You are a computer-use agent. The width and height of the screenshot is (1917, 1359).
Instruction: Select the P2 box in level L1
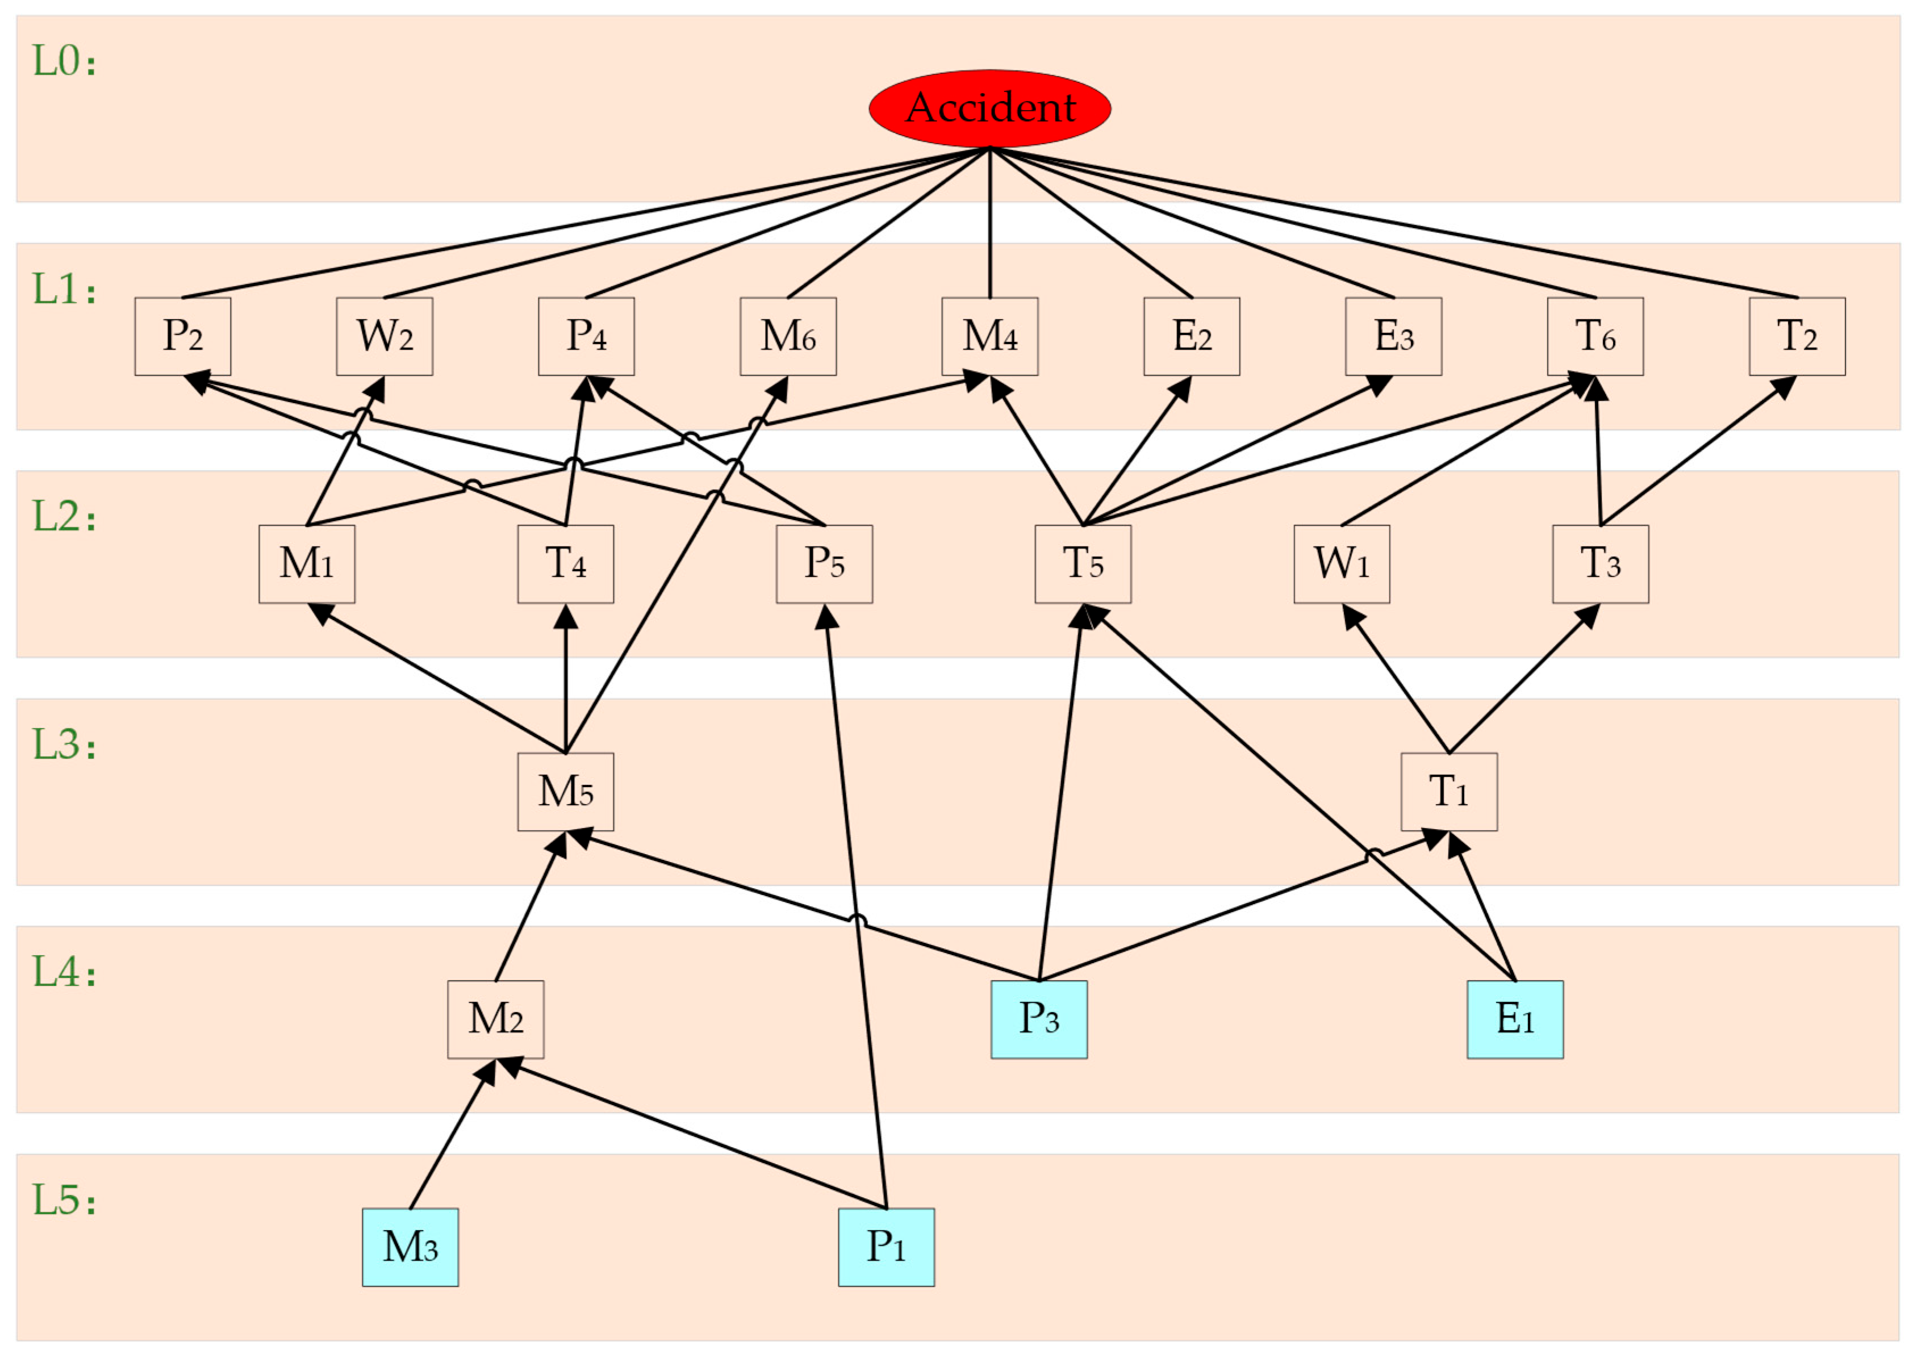(182, 336)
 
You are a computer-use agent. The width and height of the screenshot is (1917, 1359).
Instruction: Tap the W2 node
(384, 336)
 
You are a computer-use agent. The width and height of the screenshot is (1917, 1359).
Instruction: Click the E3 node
(1393, 336)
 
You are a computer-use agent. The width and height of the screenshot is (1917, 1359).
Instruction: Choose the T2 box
(1797, 336)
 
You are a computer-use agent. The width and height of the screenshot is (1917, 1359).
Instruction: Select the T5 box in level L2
(1083, 564)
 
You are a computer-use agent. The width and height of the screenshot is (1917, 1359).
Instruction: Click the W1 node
(1341, 564)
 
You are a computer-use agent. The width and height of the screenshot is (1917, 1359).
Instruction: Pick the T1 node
(1450, 792)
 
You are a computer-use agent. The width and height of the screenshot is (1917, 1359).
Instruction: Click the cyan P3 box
(1039, 1019)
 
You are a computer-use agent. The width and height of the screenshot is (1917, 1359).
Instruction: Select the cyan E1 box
(1514, 1019)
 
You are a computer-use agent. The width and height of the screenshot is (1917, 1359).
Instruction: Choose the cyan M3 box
(410, 1247)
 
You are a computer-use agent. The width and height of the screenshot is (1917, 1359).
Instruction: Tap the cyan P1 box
(886, 1247)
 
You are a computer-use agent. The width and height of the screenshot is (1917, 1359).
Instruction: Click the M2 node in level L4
(495, 1019)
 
